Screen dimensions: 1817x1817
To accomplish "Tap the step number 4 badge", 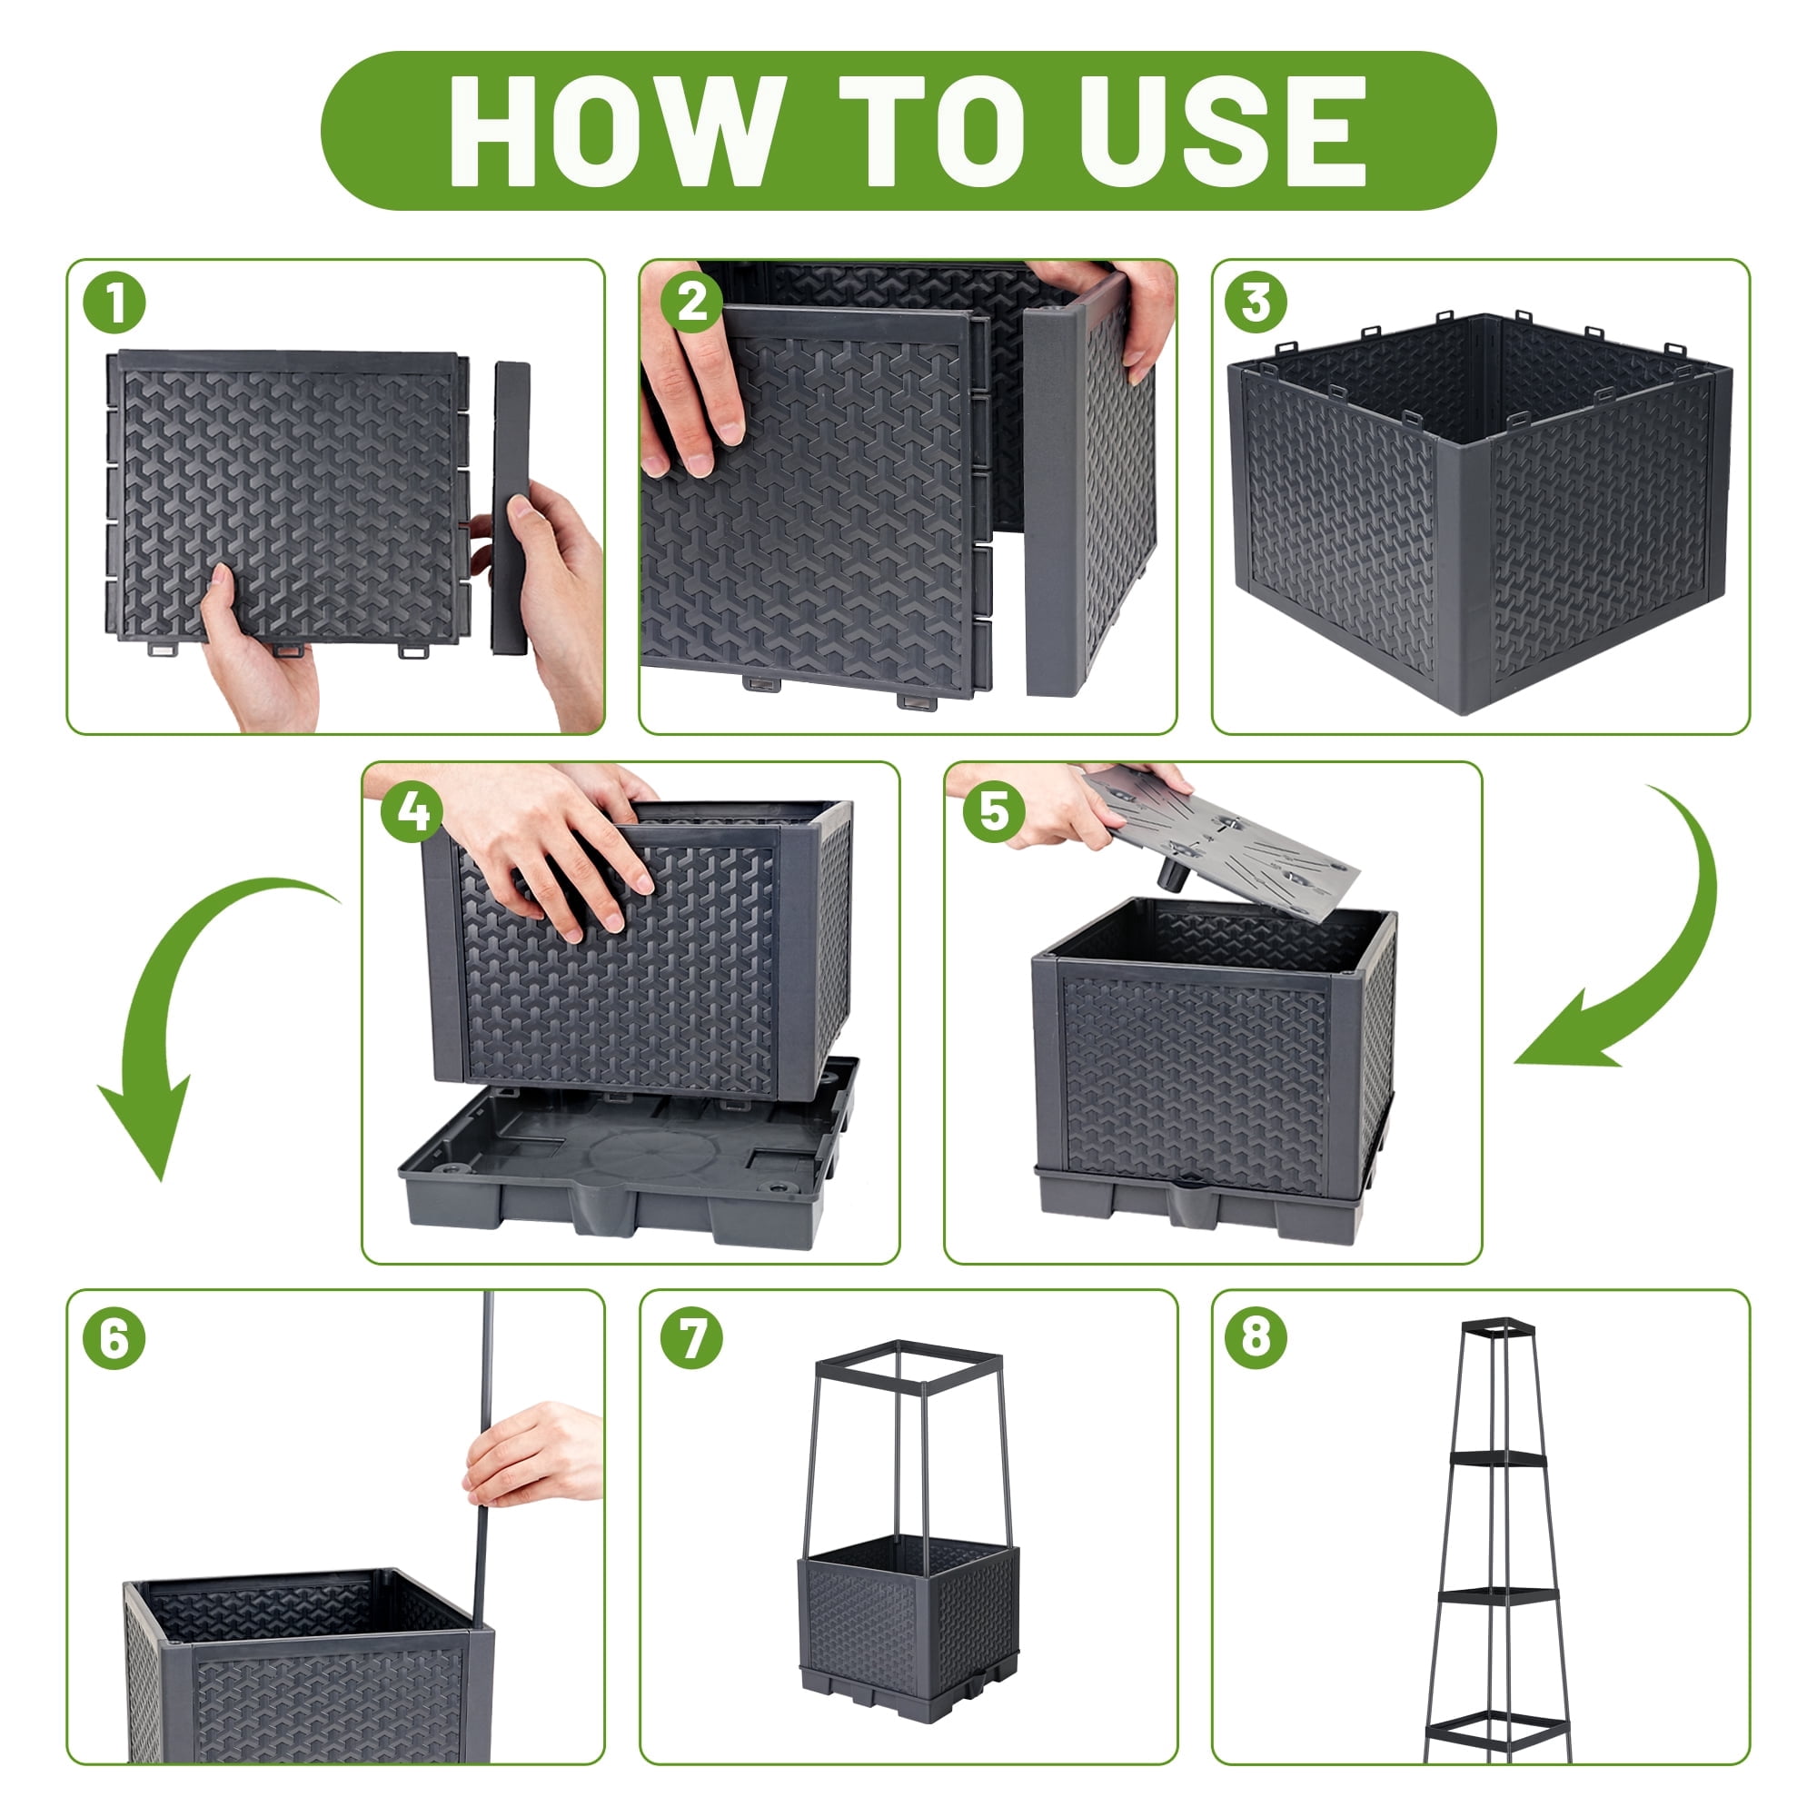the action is click(x=412, y=811).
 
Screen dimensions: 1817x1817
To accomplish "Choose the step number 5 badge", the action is click(x=994, y=811).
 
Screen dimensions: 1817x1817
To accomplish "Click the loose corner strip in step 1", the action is click(x=511, y=508).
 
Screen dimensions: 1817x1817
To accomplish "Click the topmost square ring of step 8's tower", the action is click(x=1498, y=1328).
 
